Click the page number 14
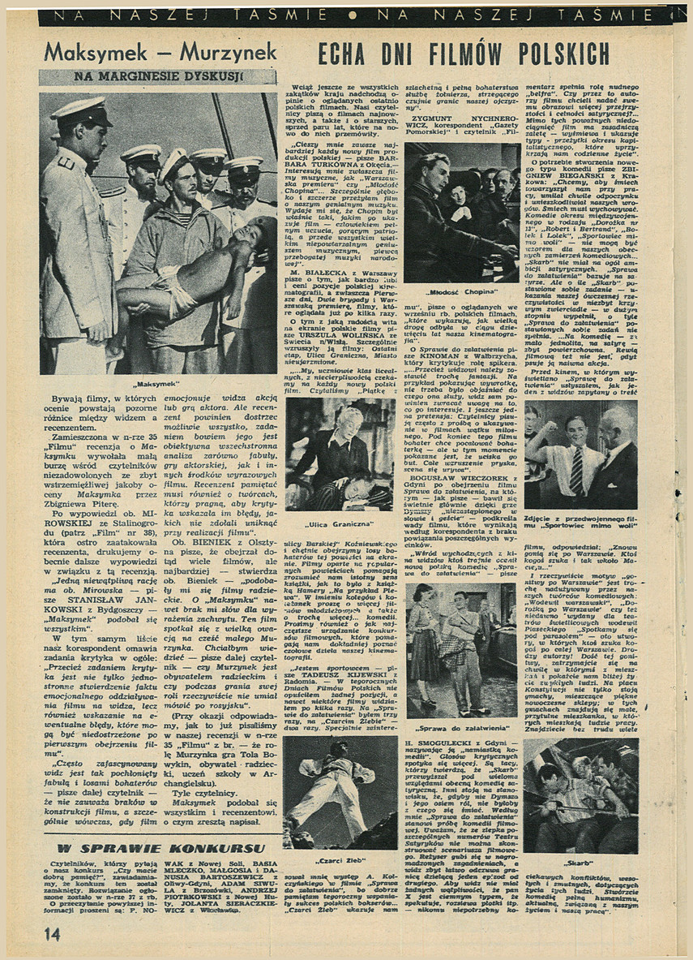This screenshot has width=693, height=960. tap(52, 934)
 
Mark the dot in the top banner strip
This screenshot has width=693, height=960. tap(351, 14)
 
